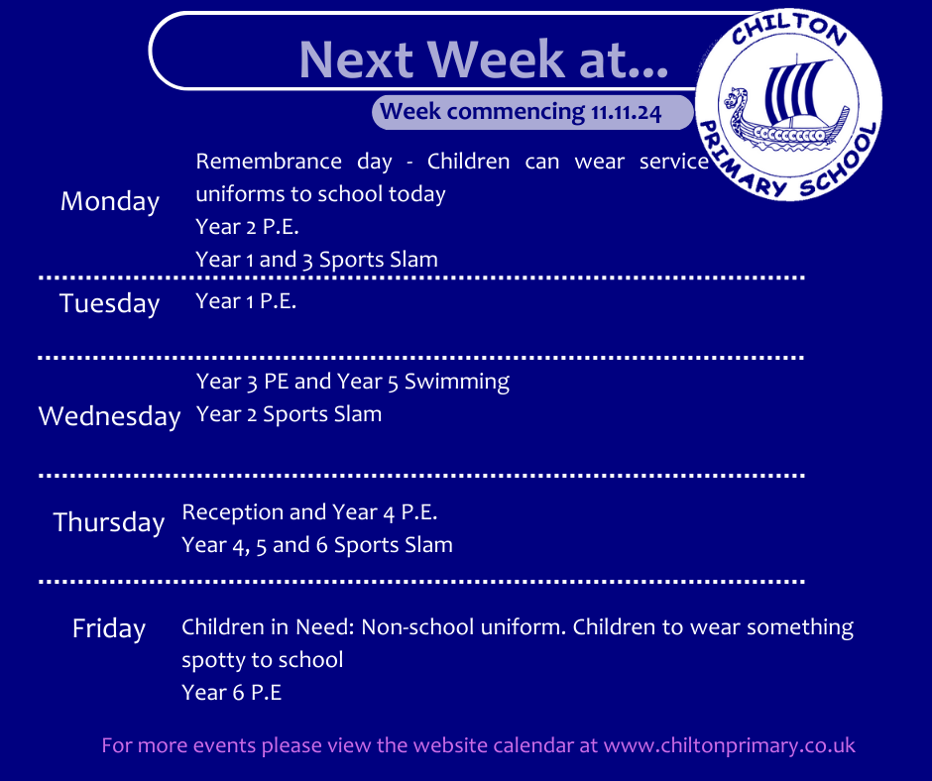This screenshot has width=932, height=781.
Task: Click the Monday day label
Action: [110, 202]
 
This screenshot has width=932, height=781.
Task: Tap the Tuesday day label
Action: [110, 303]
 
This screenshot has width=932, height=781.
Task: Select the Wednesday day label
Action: [109, 416]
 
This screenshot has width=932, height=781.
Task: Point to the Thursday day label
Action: [109, 522]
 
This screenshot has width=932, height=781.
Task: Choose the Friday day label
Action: [109, 628]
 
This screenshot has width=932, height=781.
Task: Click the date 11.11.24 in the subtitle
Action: [626, 113]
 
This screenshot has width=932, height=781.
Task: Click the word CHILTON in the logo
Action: [789, 30]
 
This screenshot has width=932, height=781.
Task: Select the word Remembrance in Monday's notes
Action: [269, 162]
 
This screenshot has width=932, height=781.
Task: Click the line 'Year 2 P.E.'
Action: [247, 227]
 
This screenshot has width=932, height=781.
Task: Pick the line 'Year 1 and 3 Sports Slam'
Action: [317, 260]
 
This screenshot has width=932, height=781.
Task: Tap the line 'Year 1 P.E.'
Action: [246, 301]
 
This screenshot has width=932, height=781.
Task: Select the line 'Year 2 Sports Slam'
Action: [289, 414]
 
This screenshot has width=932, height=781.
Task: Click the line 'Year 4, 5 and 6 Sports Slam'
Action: [317, 545]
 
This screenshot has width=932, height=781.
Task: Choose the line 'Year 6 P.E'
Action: [232, 693]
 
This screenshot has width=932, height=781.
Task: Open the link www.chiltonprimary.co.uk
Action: [730, 746]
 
